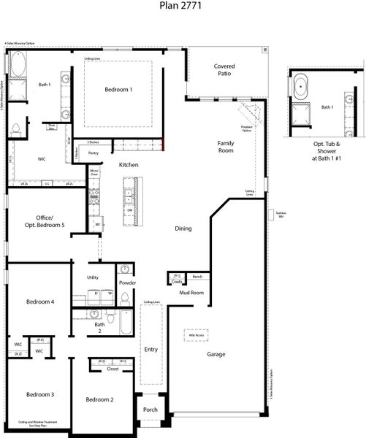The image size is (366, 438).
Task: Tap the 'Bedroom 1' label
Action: point(118,90)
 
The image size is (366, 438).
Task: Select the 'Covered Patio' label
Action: point(224,71)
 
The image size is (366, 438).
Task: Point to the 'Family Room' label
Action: point(226,146)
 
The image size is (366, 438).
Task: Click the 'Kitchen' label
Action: point(129,166)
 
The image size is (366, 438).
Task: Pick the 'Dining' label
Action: point(183,228)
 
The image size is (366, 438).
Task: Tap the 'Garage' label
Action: point(216,355)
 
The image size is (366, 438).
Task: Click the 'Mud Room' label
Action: point(191,293)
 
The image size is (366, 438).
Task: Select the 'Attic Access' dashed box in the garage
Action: point(197,336)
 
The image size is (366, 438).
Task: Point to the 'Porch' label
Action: point(150,410)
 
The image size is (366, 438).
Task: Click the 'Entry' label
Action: point(150,350)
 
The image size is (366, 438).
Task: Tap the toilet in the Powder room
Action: point(125,297)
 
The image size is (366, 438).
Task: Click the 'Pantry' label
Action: point(94,153)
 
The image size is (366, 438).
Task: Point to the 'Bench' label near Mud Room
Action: point(197,277)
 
